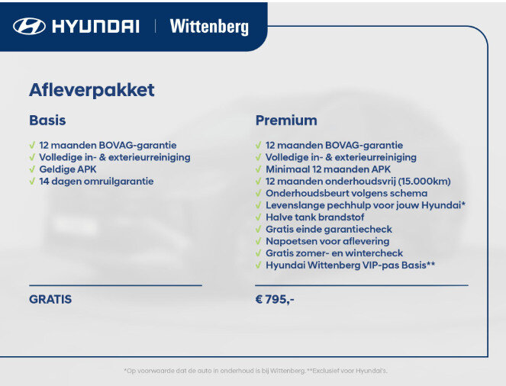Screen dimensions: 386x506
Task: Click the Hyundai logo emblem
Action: coord(30,26)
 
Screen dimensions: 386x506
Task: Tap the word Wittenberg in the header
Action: coord(209,26)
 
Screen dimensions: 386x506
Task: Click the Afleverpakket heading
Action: coord(92,89)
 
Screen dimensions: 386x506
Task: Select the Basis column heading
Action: coord(47,121)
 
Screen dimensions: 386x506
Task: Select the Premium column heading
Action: coord(286,121)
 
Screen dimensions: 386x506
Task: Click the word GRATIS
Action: coord(50,299)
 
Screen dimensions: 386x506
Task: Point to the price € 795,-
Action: coord(275,299)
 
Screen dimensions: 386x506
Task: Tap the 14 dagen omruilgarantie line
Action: coord(96,182)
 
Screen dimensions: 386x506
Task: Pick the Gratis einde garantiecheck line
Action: coord(329,229)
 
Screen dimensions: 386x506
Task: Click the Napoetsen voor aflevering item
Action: coord(327,241)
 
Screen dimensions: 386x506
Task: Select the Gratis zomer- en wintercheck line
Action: coord(334,253)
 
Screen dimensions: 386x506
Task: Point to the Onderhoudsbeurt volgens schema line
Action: coord(346,193)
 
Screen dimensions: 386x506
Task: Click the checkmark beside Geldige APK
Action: coord(32,169)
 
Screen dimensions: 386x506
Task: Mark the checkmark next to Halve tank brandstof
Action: coord(259,217)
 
